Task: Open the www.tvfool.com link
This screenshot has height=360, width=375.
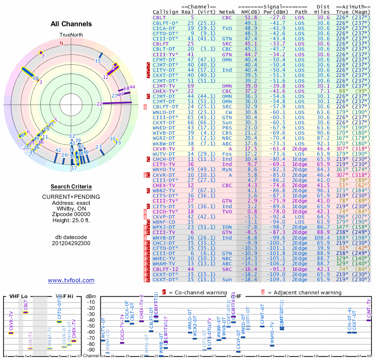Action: click(71, 280)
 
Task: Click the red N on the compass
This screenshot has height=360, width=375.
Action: click(60, 43)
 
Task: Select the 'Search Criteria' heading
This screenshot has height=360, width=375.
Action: click(71, 187)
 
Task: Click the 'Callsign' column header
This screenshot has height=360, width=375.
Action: click(166, 12)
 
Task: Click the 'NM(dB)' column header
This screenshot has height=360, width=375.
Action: click(251, 12)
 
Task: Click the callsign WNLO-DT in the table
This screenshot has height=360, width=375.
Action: click(164, 112)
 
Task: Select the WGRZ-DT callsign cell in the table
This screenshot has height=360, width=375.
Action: click(164, 138)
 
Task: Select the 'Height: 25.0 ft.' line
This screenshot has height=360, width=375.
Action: click(71, 221)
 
